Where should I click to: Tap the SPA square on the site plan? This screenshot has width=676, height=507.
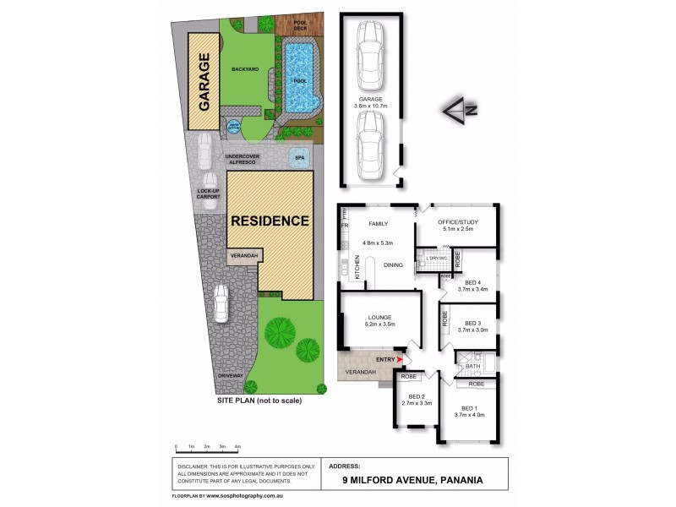click(x=299, y=157)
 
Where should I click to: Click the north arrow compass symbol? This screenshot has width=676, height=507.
click(x=457, y=109)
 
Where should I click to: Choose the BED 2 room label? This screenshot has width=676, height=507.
click(x=416, y=400)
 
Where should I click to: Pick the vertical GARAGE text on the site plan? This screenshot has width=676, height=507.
click(x=204, y=83)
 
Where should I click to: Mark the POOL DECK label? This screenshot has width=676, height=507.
click(x=299, y=25)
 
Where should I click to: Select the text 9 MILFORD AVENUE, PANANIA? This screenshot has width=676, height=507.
click(x=412, y=480)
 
